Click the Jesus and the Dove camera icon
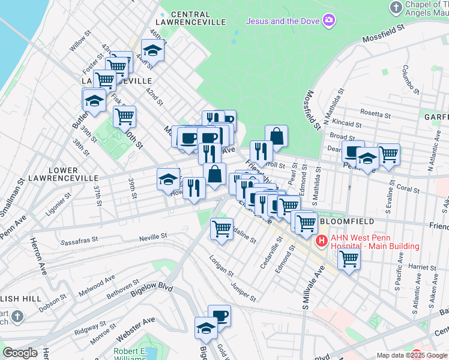coord(328,22)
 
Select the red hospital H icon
coord(321,242)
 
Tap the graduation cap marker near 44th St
coord(152,52)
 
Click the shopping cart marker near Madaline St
coord(221,229)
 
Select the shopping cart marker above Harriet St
coord(349,259)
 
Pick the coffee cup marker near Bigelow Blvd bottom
coord(220,316)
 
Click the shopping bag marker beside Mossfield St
coord(276,136)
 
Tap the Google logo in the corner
coord(20,353)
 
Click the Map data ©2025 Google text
coord(412,355)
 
